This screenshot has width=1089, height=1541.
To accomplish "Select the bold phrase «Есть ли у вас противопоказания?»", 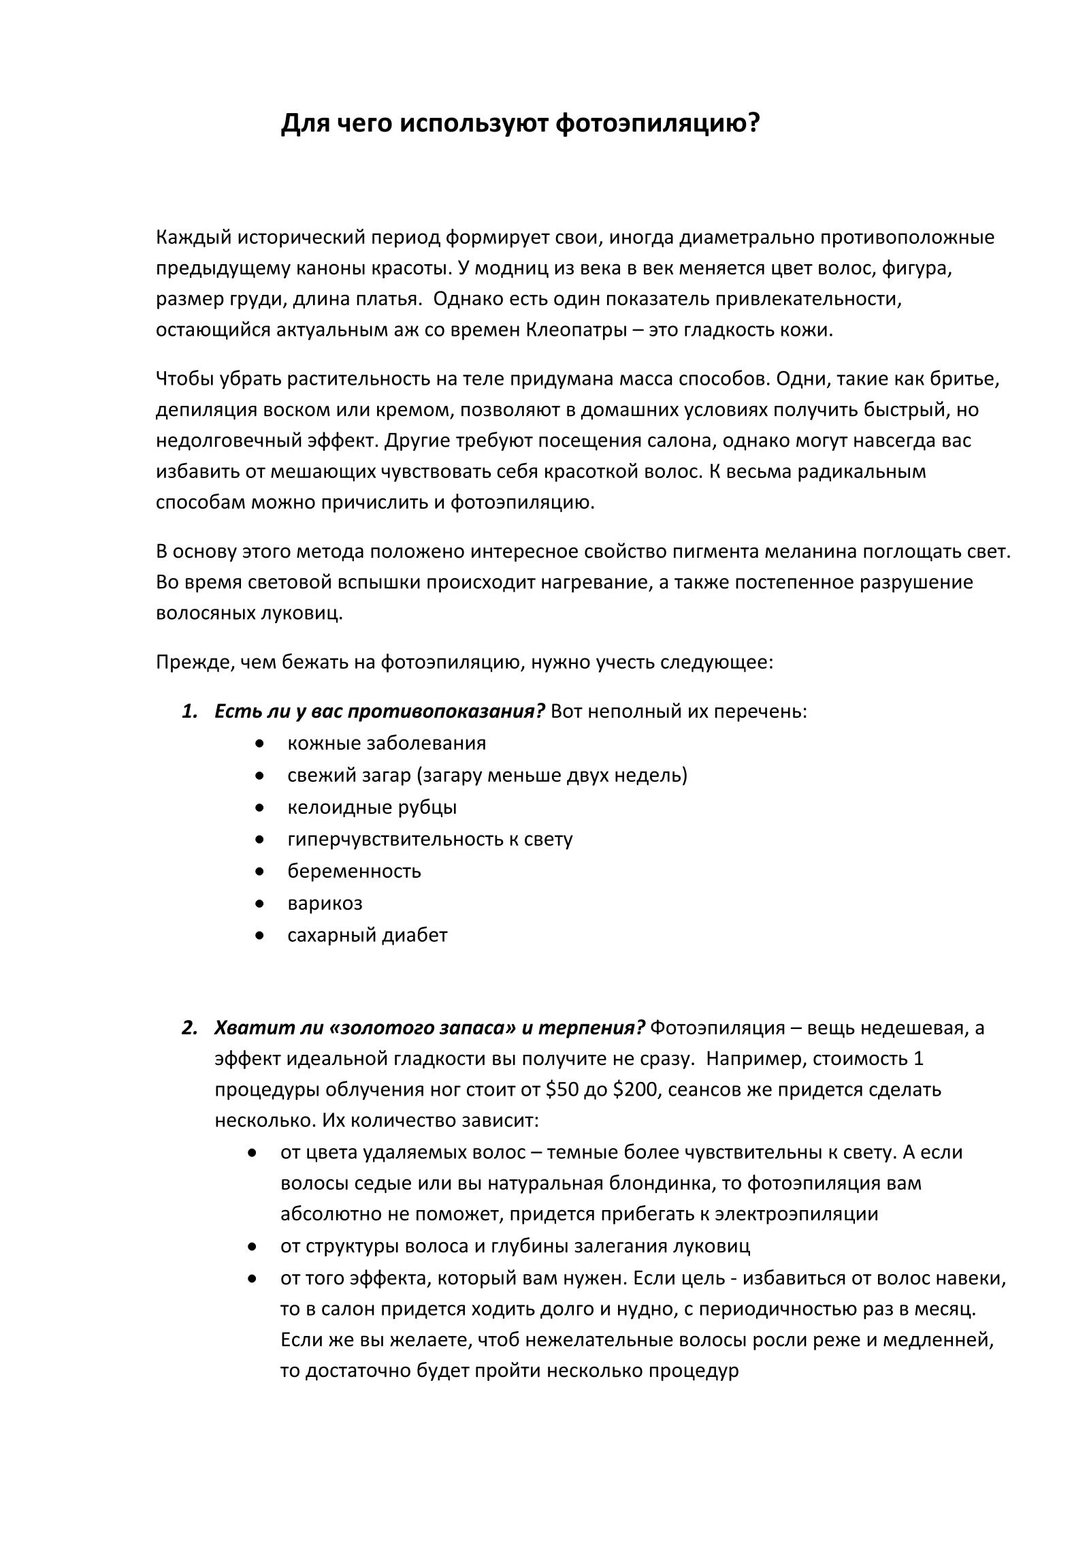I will point(380,711).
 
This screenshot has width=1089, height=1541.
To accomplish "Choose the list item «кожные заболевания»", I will point(387,742).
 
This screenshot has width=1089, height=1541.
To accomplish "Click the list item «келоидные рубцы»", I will point(372,807).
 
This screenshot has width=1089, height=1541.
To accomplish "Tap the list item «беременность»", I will point(354,871).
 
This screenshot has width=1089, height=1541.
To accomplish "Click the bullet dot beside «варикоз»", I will point(259,904).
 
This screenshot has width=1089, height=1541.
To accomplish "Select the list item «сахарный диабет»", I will point(368,935).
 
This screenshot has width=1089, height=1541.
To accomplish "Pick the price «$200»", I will point(635,1090).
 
